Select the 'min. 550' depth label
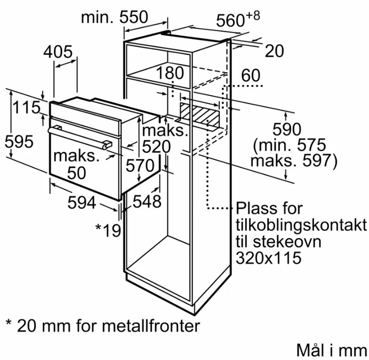[114, 17]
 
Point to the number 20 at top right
[274, 51]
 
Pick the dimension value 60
[251, 75]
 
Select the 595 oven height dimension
[19, 141]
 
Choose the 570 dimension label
[139, 166]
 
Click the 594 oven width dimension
[81, 203]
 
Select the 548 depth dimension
[146, 202]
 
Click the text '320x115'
[269, 258]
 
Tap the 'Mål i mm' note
[331, 350]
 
